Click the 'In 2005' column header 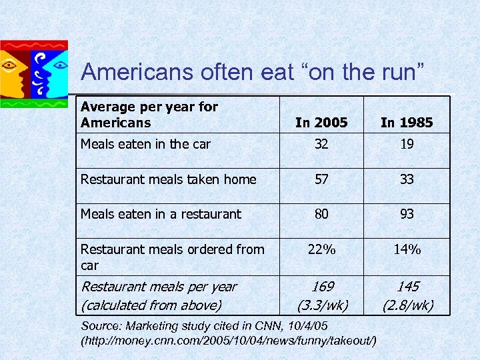(321, 122)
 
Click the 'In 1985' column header (407, 122)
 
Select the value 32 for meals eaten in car (321, 144)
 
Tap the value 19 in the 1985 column (407, 144)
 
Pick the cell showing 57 (321, 179)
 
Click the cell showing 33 (407, 179)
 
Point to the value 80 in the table (321, 214)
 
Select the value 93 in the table (407, 214)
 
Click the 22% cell (321, 249)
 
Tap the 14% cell (407, 249)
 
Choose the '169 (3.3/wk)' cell (321, 296)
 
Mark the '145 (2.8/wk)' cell (407, 296)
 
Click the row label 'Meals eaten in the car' (145, 144)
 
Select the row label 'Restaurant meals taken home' (168, 179)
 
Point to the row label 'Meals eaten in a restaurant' (161, 214)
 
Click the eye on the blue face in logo (60, 65)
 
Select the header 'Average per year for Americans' (149, 115)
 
